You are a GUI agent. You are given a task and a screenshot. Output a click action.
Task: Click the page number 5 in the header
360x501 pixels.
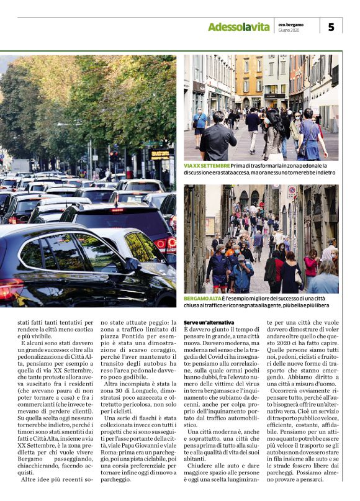(331, 27)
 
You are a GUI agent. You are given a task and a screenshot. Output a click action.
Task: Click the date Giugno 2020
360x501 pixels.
(289, 30)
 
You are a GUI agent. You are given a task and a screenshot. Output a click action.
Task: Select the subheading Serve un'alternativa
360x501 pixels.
(209, 323)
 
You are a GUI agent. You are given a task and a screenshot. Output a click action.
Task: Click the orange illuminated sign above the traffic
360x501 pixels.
(161, 154)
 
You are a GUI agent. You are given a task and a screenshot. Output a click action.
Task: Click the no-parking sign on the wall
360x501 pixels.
(292, 192)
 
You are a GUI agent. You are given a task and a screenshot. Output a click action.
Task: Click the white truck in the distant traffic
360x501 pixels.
(20, 166)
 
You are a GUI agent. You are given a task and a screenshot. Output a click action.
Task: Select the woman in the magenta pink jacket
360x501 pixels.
(311, 264)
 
